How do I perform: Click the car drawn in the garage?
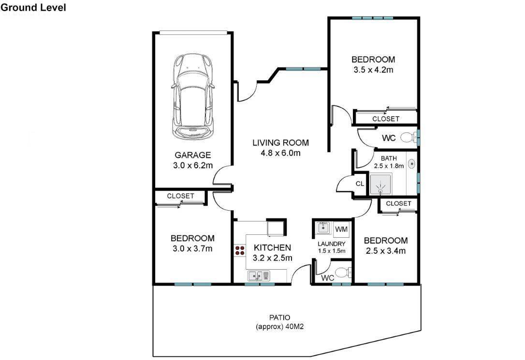click(x=192, y=96)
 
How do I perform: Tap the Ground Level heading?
click(x=33, y=8)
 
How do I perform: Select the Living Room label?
click(x=280, y=143)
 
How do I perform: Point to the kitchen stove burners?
click(x=239, y=251)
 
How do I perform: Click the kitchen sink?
click(x=259, y=276)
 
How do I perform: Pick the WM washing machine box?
click(x=341, y=230)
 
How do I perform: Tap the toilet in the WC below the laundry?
click(x=343, y=273)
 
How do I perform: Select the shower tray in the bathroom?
click(x=380, y=184)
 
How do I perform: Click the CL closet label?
click(x=360, y=184)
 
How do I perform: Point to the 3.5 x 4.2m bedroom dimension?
click(x=373, y=70)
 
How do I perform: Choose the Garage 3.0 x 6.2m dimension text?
click(x=193, y=165)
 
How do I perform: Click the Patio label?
click(x=280, y=317)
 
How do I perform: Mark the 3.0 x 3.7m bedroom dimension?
click(x=192, y=248)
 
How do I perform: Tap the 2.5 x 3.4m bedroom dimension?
click(x=386, y=251)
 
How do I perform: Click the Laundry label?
click(x=332, y=244)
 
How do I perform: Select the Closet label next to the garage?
click(x=180, y=196)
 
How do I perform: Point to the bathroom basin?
click(x=411, y=164)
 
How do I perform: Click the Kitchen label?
click(x=272, y=247)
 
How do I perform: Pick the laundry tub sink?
click(x=323, y=228)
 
